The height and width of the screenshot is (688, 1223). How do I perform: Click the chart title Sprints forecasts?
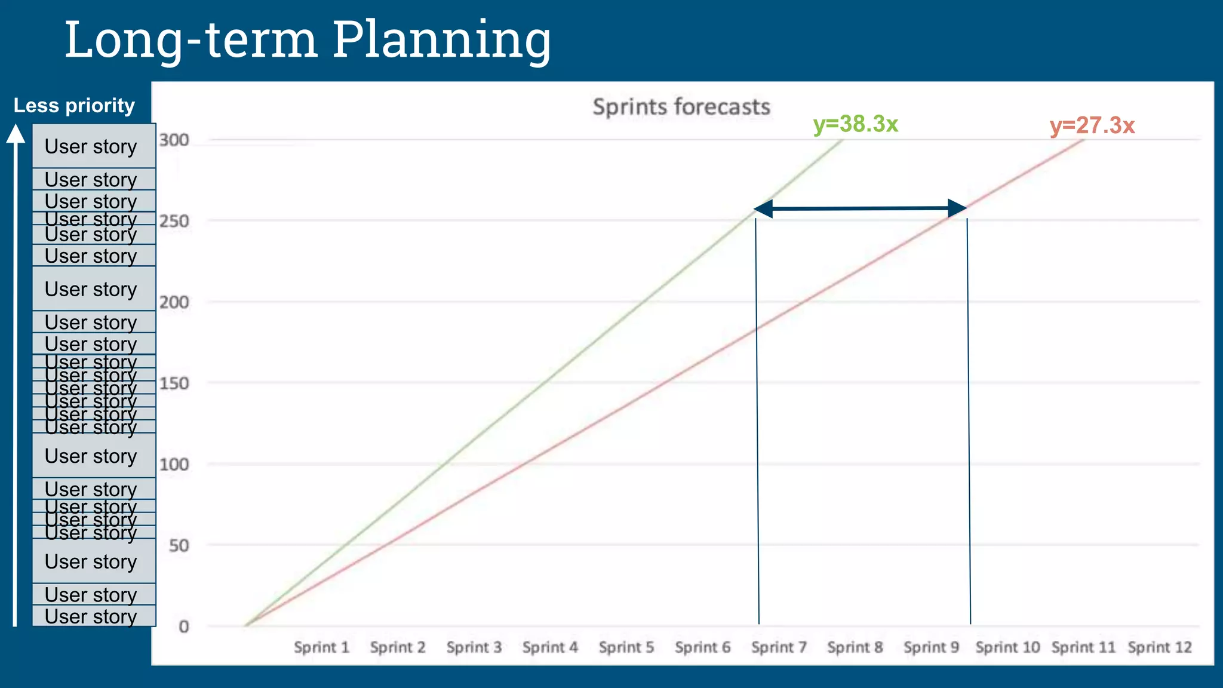[681, 107]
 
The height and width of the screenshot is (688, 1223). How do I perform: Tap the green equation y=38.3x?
[855, 124]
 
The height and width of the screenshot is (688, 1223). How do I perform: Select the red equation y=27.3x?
[1092, 126]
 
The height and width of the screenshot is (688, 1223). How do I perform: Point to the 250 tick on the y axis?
[174, 221]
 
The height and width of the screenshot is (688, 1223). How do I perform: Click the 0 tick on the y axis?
[184, 626]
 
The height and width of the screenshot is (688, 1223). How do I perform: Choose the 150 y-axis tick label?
[174, 383]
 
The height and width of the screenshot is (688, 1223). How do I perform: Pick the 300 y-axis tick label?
[174, 140]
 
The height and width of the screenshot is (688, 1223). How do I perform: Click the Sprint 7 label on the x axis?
[779, 647]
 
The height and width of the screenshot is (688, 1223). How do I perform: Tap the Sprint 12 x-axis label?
[1159, 647]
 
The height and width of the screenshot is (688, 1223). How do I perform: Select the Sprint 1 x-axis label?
[321, 647]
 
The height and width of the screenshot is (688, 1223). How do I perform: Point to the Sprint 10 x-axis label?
[1007, 647]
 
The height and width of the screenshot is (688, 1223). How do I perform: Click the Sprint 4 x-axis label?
[550, 647]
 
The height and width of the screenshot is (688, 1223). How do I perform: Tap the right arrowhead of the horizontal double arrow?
[958, 208]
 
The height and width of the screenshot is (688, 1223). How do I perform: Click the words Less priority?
[74, 106]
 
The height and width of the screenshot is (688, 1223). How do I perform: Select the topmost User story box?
[94, 146]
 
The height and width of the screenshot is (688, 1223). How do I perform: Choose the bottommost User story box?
[94, 616]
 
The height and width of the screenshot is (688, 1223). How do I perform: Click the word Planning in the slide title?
[441, 40]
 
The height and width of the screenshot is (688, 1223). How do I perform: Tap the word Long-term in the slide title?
[190, 40]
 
